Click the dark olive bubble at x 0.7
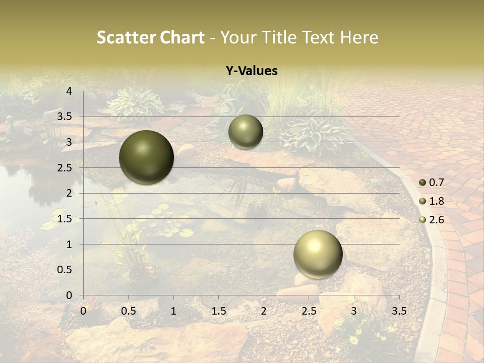(x=146, y=157)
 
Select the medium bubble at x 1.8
(x=246, y=132)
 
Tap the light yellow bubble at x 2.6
(x=318, y=254)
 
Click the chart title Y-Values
(x=252, y=71)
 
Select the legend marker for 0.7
(x=422, y=183)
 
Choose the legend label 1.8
(x=436, y=201)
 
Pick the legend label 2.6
(x=436, y=220)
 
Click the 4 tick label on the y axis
(x=69, y=91)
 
